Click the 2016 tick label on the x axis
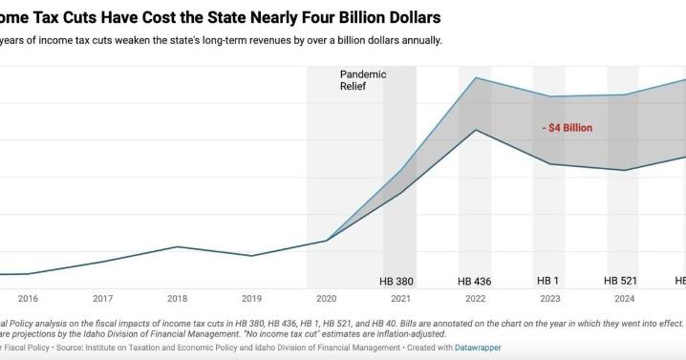[x=28, y=298]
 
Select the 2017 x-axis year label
[x=103, y=298]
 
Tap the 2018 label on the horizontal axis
[x=177, y=298]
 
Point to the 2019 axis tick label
[x=251, y=298]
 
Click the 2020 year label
[x=326, y=298]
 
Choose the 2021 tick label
[x=400, y=298]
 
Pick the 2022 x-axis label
[x=475, y=298]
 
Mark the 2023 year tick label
[x=549, y=298]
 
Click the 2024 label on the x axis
[x=624, y=298]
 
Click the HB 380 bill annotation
[x=399, y=282]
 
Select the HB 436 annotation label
[x=475, y=282]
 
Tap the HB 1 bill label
[x=549, y=282]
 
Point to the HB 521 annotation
[x=624, y=282]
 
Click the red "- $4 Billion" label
[x=568, y=127]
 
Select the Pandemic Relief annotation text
[x=360, y=79]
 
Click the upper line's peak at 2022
[x=476, y=78]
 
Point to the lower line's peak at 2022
[x=476, y=129]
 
